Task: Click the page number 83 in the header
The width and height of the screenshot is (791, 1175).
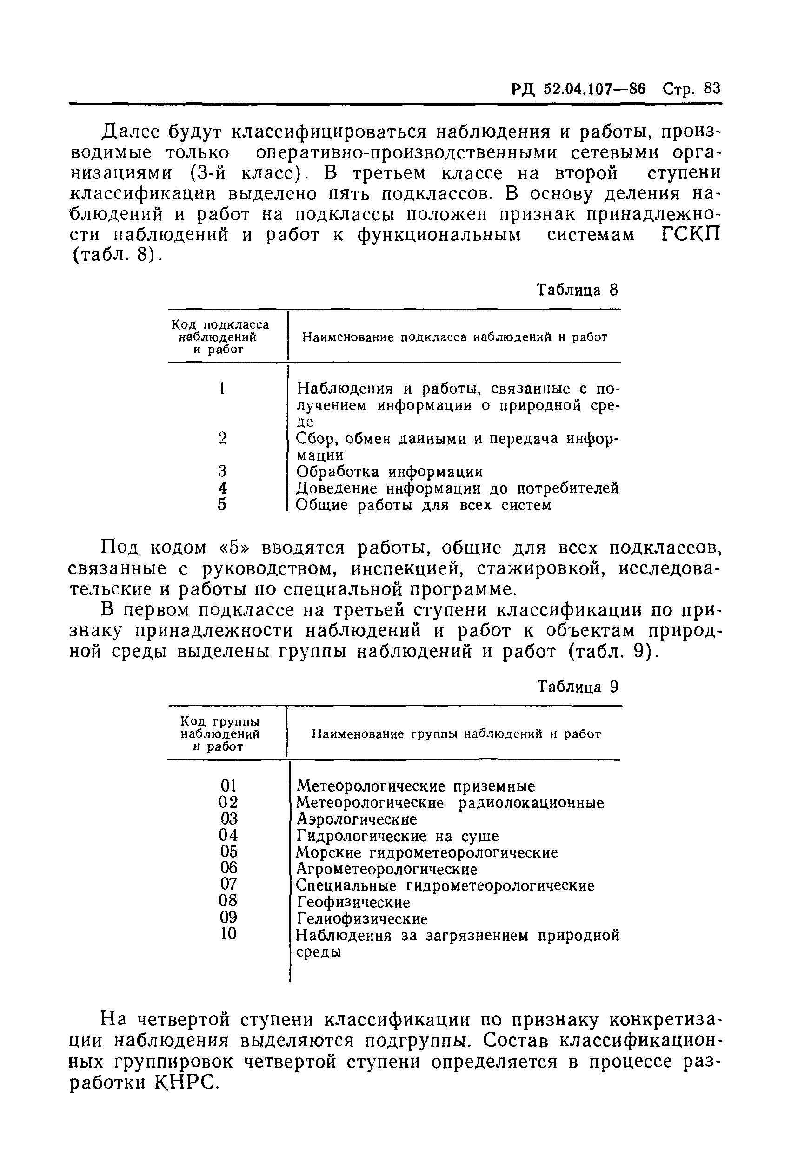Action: click(712, 89)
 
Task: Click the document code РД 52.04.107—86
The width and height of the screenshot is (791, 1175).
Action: click(578, 89)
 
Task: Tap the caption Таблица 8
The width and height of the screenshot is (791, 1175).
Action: click(577, 290)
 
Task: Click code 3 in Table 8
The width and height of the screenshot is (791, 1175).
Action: click(222, 471)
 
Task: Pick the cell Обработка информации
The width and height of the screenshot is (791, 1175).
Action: click(389, 472)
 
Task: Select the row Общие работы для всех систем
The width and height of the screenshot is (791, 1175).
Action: click(423, 505)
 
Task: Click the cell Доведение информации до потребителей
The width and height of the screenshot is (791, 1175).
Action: click(457, 488)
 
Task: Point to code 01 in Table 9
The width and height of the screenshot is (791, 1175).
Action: click(228, 786)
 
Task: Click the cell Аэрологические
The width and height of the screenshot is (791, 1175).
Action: click(357, 819)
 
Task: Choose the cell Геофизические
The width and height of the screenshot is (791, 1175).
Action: click(353, 902)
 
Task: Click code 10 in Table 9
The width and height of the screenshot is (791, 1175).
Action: click(228, 934)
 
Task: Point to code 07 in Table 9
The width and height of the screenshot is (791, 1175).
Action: click(228, 885)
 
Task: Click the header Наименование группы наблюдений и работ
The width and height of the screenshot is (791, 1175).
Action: click(456, 734)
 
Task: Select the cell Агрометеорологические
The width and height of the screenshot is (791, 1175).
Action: click(386, 869)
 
